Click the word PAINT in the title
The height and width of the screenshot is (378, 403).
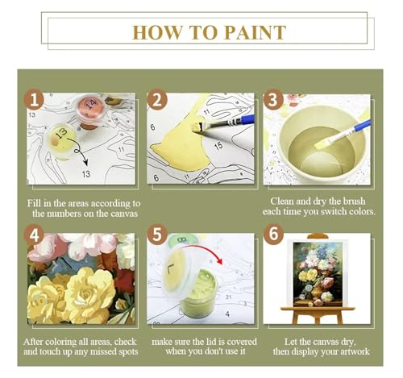click(x=255, y=33)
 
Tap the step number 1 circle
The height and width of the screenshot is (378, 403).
click(x=34, y=100)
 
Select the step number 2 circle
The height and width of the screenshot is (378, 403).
click(x=157, y=100)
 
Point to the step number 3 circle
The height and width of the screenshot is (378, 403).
click(x=273, y=100)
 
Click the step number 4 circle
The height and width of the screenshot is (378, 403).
click(x=34, y=235)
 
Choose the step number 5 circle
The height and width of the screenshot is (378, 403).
click(x=157, y=235)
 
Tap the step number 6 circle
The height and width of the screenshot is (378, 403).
click(x=273, y=234)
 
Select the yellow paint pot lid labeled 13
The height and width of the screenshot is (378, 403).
click(x=61, y=138)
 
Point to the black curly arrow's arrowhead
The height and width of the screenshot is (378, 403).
click(x=85, y=162)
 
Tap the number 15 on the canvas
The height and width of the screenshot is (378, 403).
click(x=218, y=146)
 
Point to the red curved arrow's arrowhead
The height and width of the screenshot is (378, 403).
click(x=220, y=261)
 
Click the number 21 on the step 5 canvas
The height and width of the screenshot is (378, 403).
click(x=229, y=297)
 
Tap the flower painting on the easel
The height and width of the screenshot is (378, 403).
click(x=318, y=274)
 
